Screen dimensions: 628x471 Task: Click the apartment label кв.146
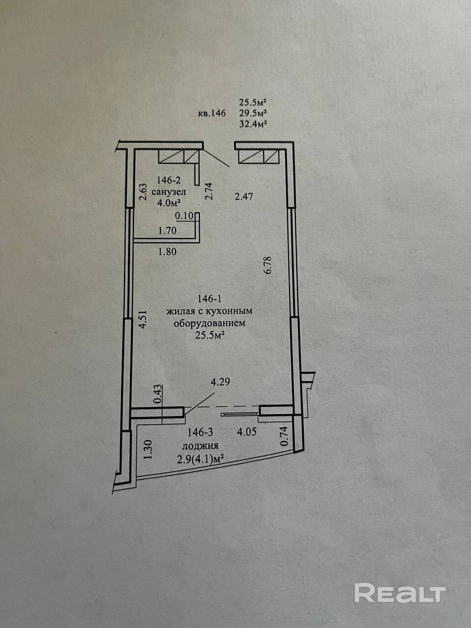[x=211, y=114]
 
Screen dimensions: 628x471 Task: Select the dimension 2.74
[x=209, y=191]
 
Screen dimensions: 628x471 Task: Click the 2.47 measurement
[x=244, y=197]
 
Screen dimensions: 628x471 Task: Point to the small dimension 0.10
[x=184, y=215]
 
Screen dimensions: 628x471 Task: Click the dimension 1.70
[x=167, y=229]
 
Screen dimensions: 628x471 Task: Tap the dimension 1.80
[x=167, y=252]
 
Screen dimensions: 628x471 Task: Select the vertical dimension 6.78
[x=268, y=265]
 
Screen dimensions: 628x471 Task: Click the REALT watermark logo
[x=400, y=593]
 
